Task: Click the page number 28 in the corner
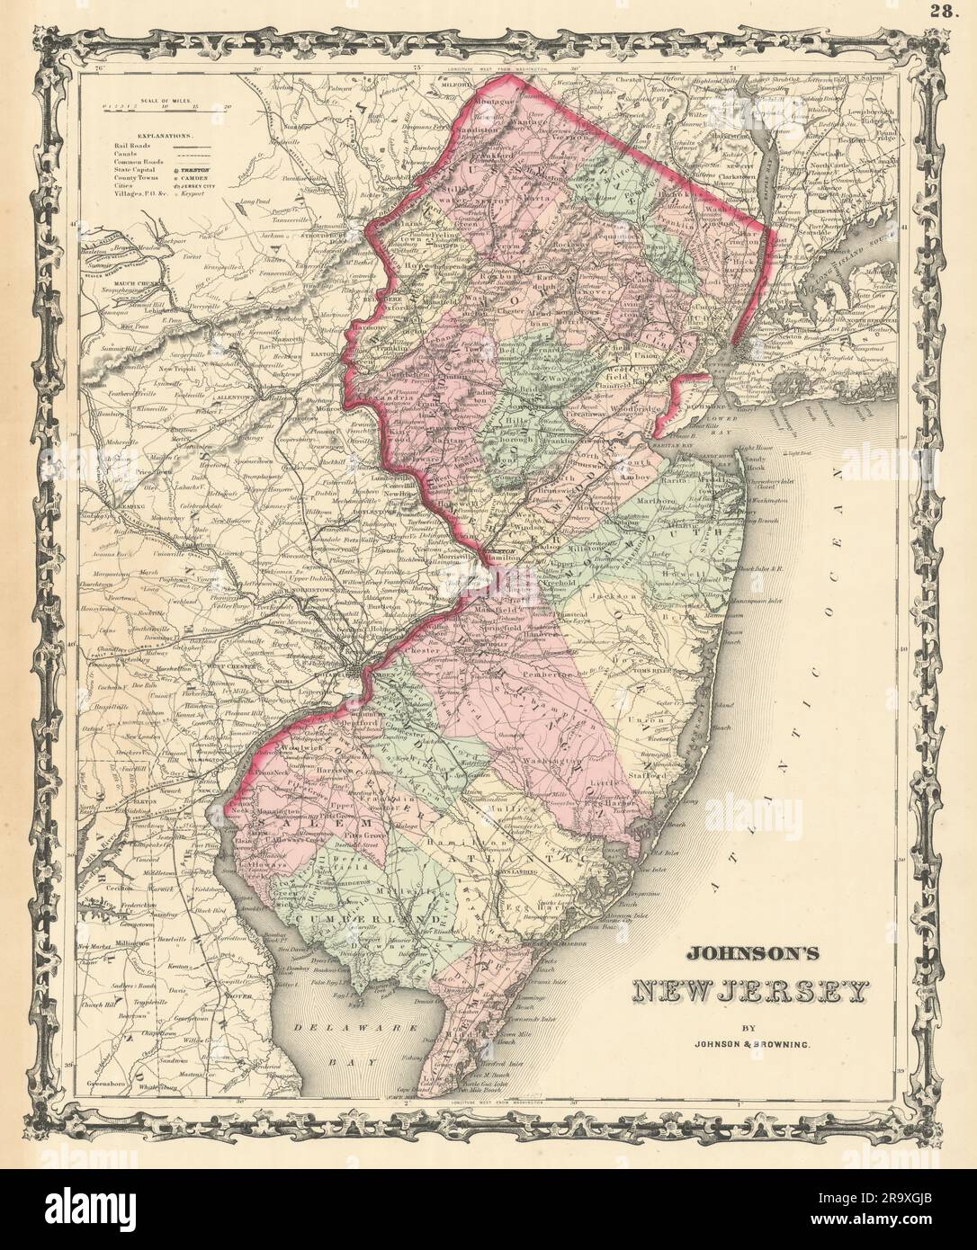(x=953, y=11)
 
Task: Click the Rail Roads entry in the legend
(x=131, y=143)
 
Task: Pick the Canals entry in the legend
(x=127, y=152)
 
